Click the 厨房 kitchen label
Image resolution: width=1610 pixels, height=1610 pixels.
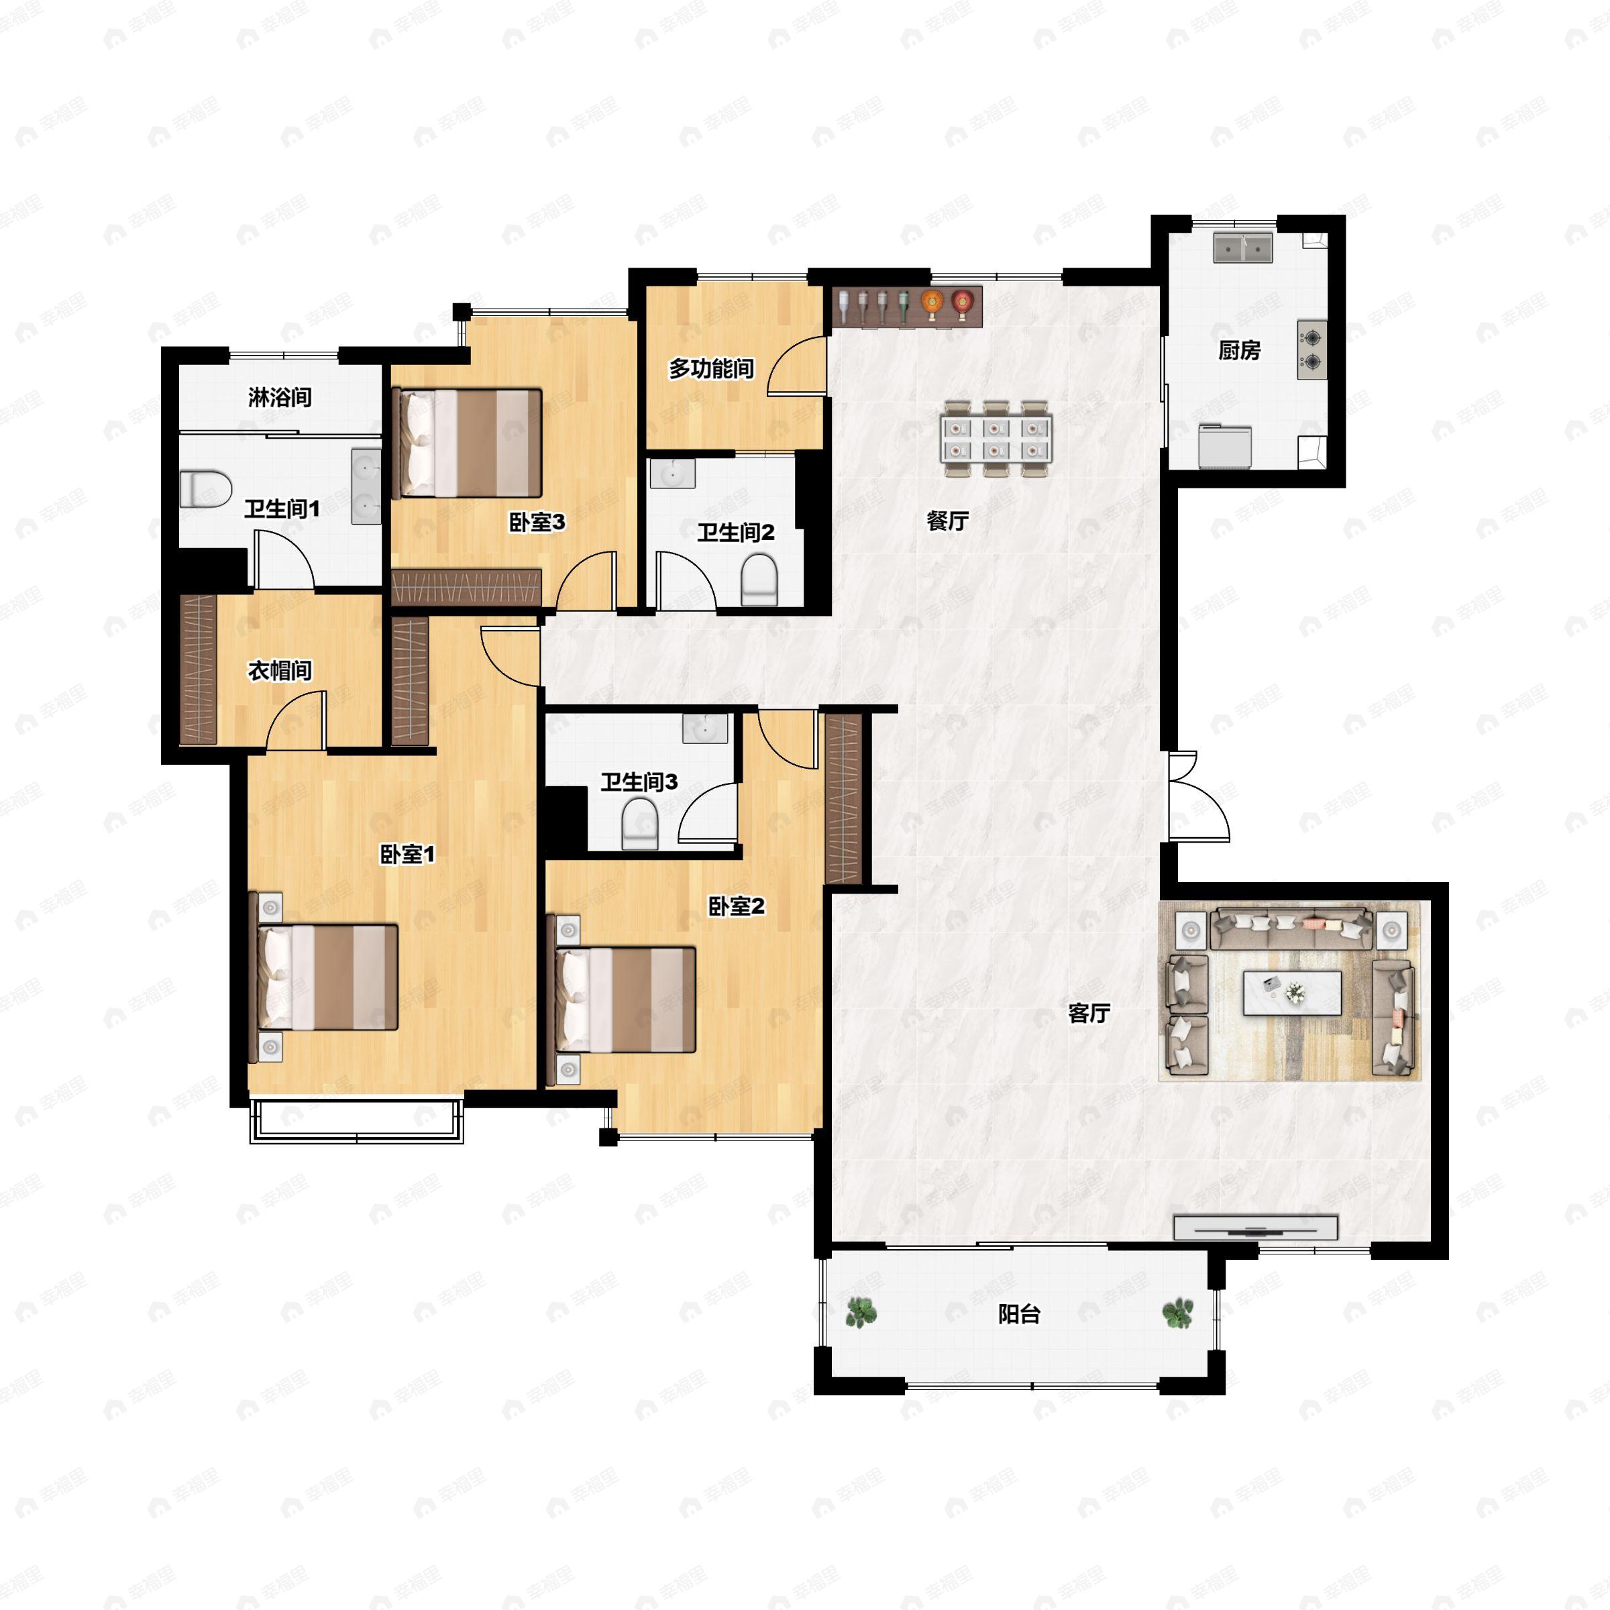click(x=1238, y=351)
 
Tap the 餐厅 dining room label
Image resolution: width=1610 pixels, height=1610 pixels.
click(x=947, y=521)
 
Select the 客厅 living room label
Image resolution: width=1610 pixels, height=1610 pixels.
click(x=1089, y=1014)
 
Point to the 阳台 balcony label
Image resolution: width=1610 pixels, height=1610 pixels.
click(x=1019, y=1314)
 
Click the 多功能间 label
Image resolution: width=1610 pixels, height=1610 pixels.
click(x=711, y=368)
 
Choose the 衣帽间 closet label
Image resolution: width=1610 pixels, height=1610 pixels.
click(x=280, y=670)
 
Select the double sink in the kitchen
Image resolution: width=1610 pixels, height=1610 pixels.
click(x=1243, y=248)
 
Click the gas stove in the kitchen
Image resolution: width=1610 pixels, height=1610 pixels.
click(x=1311, y=350)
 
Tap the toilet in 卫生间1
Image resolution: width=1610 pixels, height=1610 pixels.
click(x=206, y=489)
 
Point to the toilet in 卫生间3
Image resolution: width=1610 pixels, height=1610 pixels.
click(x=640, y=823)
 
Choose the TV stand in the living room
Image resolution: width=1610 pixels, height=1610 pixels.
click(x=1255, y=1228)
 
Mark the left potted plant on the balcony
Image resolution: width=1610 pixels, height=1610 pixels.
click(x=861, y=1313)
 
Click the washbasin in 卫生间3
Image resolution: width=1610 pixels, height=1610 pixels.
click(x=705, y=727)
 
